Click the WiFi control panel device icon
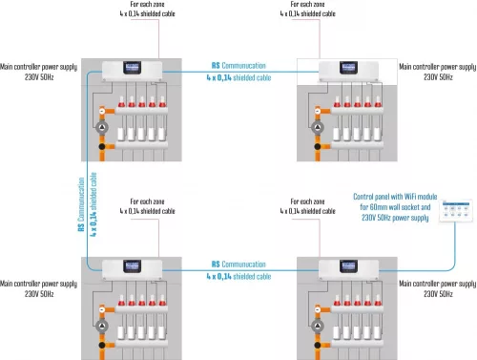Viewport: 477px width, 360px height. [456, 210]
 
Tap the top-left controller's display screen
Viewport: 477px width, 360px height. [132, 68]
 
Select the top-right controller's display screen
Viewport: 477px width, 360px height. [348, 68]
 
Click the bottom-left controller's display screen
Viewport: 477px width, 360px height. [132, 266]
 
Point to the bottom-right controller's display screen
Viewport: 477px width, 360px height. [348, 266]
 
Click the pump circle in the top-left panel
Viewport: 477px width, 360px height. [102, 128]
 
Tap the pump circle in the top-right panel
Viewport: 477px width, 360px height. [318, 128]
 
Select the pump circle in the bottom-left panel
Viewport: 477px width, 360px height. [102, 326]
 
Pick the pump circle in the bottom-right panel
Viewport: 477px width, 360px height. [318, 326]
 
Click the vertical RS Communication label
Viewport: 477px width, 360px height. [81, 204]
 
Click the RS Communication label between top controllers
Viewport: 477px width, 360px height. [238, 66]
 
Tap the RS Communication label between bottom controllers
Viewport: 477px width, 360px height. [238, 265]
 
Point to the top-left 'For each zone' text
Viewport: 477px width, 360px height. [147, 4]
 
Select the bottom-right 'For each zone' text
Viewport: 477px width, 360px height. [307, 201]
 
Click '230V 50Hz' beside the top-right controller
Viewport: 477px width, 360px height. [438, 77]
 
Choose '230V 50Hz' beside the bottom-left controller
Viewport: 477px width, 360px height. [39, 294]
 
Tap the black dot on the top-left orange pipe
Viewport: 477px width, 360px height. [102, 146]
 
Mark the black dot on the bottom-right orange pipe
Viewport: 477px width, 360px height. [318, 345]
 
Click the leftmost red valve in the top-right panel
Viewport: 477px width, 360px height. [337, 102]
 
